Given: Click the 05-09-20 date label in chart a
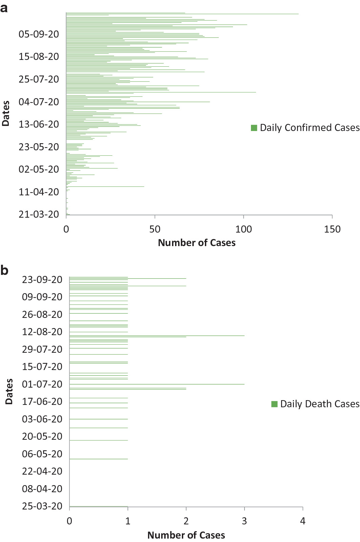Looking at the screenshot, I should (39, 34).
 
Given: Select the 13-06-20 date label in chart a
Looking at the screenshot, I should (39, 124).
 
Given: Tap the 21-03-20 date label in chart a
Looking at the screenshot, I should (39, 214).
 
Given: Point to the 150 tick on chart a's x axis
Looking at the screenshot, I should (332, 229).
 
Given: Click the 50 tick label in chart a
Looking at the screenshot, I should (155, 229).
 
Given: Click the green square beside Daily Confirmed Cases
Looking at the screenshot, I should (254, 128).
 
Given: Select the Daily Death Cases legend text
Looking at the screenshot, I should (320, 404).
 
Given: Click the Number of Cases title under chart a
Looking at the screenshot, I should (196, 243).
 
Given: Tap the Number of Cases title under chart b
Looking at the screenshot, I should (186, 535).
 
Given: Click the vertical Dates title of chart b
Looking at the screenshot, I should (9, 391).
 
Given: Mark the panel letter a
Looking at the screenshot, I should (4, 7).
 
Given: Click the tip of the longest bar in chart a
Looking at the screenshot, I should (298, 14).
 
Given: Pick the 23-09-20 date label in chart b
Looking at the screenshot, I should (42, 280).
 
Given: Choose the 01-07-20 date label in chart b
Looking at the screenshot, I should (42, 384).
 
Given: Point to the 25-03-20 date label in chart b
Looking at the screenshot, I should (42, 506).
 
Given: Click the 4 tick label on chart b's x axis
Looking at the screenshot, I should (302, 521).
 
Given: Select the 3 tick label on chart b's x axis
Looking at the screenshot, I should (244, 521).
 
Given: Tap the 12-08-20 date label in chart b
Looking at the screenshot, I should (42, 332).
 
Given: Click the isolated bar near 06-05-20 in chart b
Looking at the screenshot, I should (98, 459).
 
